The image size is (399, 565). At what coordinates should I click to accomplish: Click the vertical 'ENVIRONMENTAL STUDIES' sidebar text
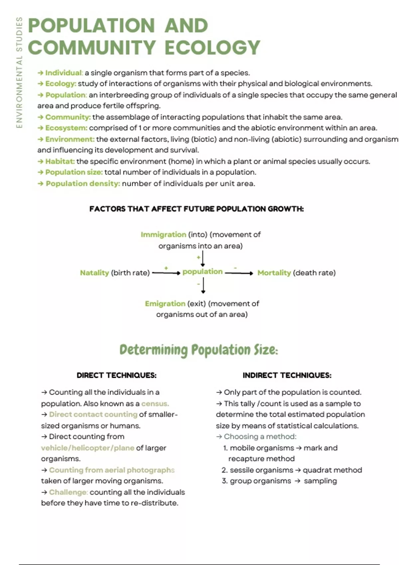[19, 72]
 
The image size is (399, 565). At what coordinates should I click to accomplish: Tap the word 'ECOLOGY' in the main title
[212, 47]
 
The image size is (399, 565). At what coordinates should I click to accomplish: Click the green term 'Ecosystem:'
[66, 128]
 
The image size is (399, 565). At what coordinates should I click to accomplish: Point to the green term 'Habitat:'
[60, 162]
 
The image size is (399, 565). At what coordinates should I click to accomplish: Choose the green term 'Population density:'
[83, 183]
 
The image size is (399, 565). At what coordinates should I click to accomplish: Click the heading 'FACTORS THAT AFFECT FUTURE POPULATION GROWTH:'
[197, 209]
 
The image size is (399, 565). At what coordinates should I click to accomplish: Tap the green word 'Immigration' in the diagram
[163, 235]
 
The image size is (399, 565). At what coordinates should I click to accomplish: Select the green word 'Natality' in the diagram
[94, 273]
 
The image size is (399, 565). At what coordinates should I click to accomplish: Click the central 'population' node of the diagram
[202, 272]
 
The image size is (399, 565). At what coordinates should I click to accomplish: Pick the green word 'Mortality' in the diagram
[274, 273]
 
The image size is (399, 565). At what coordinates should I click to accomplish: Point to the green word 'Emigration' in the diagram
[165, 304]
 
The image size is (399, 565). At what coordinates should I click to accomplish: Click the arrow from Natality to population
[166, 273]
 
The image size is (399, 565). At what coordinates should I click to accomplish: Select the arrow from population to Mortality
[239, 273]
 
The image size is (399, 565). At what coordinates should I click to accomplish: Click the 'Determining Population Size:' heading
[199, 350]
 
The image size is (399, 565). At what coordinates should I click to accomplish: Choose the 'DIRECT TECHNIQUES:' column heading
[116, 376]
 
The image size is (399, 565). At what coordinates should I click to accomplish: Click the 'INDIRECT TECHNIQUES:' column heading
[287, 376]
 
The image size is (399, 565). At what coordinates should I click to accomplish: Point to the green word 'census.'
[155, 404]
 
